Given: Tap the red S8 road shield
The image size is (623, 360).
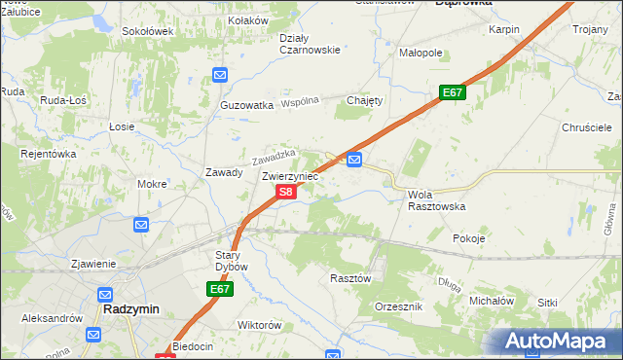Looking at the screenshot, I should [x=284, y=193].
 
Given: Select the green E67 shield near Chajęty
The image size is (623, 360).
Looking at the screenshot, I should [x=452, y=92].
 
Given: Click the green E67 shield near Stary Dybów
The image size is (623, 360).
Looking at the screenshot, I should [x=220, y=290].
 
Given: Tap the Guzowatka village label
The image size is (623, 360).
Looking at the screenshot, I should [x=246, y=105].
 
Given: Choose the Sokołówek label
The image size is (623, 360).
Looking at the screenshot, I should [x=147, y=31].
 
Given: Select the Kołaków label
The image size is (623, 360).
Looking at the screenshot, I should [x=247, y=19].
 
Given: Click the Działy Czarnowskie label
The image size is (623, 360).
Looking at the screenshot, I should [x=310, y=44].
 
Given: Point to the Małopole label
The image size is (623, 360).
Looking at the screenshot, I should [x=421, y=54].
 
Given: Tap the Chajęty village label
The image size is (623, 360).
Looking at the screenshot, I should [x=366, y=100].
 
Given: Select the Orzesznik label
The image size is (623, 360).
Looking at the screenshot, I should [x=398, y=306].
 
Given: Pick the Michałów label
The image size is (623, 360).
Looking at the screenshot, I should [x=491, y=302].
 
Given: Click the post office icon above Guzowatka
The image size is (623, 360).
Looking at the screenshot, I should [x=220, y=74].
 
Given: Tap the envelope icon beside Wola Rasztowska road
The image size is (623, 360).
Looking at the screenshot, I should [x=355, y=160].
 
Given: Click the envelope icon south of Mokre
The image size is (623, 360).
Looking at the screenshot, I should [x=141, y=225].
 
